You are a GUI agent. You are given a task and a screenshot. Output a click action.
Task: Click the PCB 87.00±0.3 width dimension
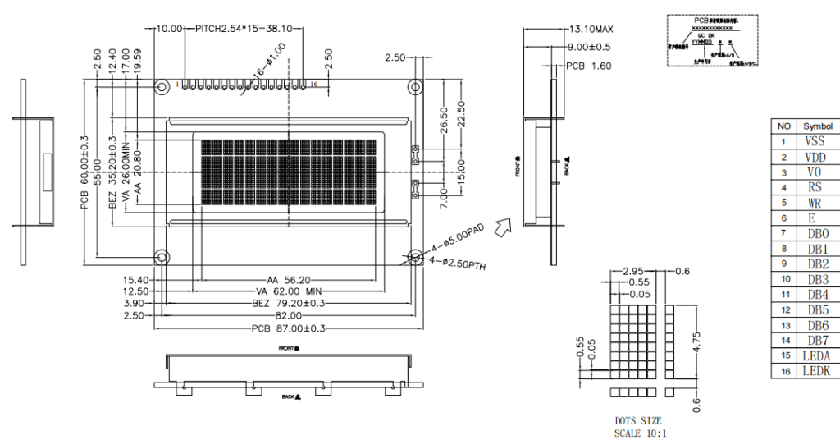point(288,328)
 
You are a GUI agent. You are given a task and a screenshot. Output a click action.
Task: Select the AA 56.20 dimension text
point(290,279)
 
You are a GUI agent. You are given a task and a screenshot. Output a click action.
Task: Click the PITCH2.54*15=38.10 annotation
point(246,28)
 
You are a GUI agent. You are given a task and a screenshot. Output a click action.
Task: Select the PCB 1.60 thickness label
point(589,66)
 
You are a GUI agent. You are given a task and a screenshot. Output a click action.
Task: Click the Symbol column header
point(817,126)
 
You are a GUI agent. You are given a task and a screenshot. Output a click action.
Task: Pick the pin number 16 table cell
point(783,371)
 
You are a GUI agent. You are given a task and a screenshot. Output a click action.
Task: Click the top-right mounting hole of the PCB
point(417,87)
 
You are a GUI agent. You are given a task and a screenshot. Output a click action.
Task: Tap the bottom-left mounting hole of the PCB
point(162,257)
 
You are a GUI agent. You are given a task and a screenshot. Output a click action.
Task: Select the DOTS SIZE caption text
point(637,420)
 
